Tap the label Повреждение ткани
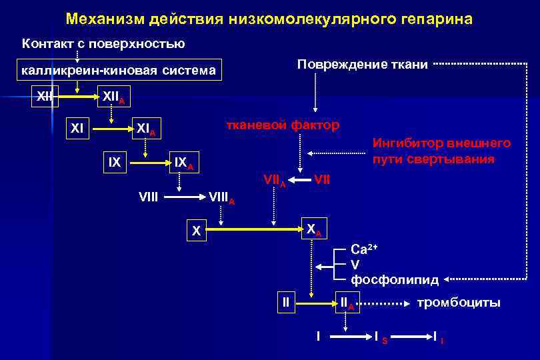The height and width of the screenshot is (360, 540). [362, 65]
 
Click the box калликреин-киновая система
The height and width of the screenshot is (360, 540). [119, 70]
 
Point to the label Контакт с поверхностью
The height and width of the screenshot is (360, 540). [103, 44]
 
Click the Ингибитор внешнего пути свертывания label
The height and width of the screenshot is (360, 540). [441, 151]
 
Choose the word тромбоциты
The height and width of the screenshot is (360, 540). [458, 303]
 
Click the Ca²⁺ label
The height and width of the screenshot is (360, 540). [364, 249]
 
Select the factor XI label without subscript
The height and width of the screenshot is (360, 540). [78, 126]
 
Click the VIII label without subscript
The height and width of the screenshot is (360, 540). [148, 196]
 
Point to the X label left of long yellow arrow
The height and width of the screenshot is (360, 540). [196, 231]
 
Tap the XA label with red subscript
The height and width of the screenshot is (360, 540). [313, 229]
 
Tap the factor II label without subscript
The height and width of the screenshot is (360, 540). [286, 302]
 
